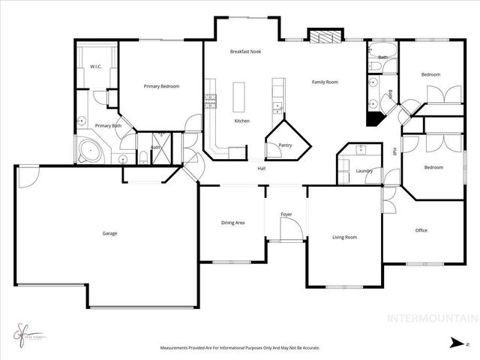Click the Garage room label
coord(109,233)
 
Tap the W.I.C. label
coord(96,67)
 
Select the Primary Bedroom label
coord(161,86)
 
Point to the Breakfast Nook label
coord(244,51)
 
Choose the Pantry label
coord(285,145)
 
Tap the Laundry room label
coord(364,171)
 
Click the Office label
coord(421,230)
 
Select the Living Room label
coord(344,237)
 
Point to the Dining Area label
coord(232,223)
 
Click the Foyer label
coord(286,215)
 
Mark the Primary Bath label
coord(108,125)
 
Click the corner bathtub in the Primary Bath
coord(89,150)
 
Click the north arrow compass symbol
coord(454,343)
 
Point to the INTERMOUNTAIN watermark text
coord(430,318)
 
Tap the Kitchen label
coord(241,121)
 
